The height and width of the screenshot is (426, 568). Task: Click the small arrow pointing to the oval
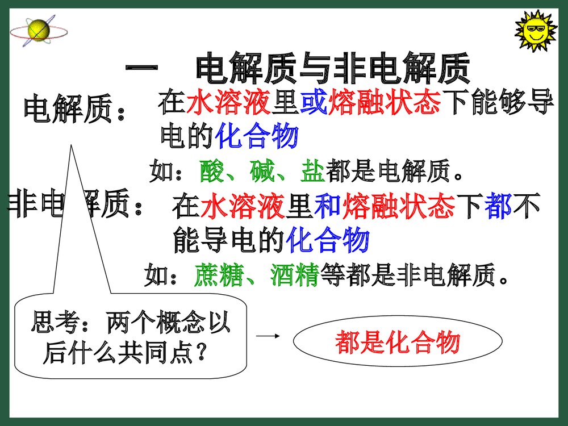pos(268,336)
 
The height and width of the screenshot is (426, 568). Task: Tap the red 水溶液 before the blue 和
pos(243,206)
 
